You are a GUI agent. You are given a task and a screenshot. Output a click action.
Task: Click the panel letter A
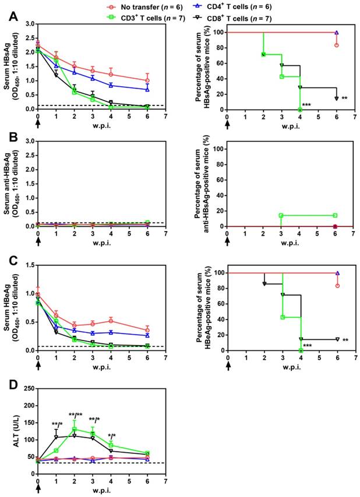click(6, 17)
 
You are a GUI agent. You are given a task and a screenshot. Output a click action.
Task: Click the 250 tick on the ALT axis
click(28, 389)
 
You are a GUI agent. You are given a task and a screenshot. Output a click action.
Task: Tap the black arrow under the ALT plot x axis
click(38, 489)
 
